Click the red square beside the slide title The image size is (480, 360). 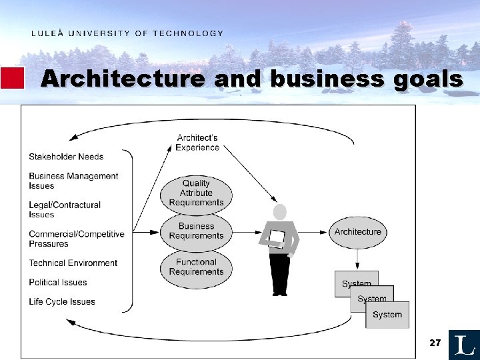tap(12, 78)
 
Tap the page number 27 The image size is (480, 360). tap(435, 343)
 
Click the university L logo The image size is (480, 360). tap(464, 345)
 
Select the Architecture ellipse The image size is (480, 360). tap(358, 232)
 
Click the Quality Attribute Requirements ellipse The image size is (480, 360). tap(196, 193)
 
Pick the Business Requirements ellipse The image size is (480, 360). tap(196, 231)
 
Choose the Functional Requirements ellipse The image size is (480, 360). tap(196, 267)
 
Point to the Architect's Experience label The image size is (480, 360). tap(197, 143)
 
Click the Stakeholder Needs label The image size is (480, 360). tap(66, 157)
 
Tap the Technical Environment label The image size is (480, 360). tap(73, 263)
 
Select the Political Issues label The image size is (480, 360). tap(57, 283)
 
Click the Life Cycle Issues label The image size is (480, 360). tap(61, 302)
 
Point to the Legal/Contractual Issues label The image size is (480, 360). tap(65, 210)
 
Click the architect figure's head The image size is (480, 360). tap(280, 212)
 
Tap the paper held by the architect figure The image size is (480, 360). tap(277, 238)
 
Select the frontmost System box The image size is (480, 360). tap(387, 315)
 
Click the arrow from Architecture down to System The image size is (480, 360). tap(358, 259)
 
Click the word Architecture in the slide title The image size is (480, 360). tap(123, 79)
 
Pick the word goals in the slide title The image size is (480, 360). tap(428, 79)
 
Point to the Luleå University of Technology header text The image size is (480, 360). tap(127, 33)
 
